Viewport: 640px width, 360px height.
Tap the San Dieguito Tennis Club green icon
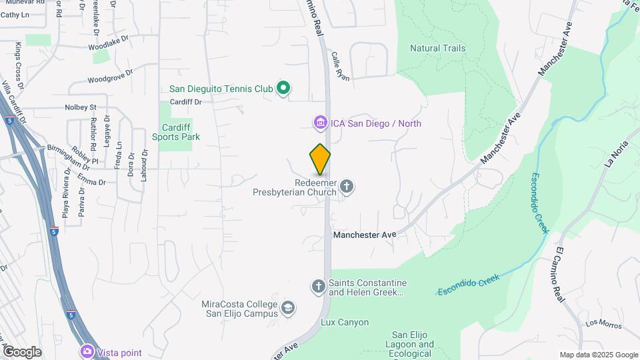tap(283, 88)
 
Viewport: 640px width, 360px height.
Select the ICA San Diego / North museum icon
tap(320, 123)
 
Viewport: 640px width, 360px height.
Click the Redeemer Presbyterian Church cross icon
tap(346, 187)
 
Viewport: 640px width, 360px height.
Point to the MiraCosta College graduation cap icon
tap(287, 308)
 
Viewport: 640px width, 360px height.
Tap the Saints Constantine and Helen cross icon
tap(318, 287)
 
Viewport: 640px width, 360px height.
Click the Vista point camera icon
tap(87, 351)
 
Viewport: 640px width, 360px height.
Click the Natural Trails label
tap(437, 48)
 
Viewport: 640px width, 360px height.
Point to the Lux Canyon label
tap(345, 323)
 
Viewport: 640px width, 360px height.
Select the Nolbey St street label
tap(81, 107)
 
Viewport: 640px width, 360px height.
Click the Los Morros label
tap(603, 325)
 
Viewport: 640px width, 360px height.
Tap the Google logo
tap(22, 352)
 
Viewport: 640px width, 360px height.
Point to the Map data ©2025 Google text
tap(599, 355)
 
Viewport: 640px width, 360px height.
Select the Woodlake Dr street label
tap(108, 47)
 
